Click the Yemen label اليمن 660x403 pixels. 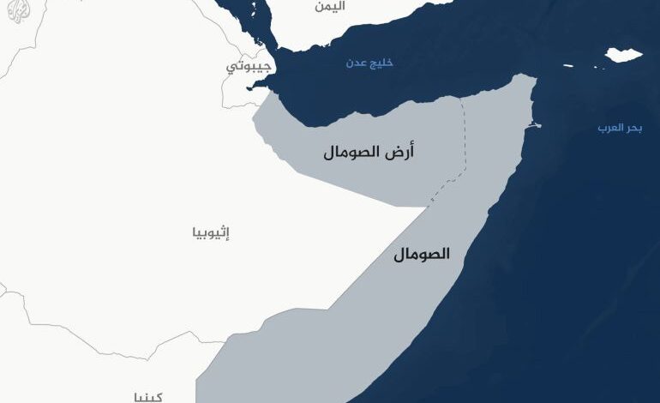coord(329,7)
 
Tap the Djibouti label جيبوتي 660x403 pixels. coord(249,66)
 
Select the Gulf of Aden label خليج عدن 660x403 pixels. coord(369,63)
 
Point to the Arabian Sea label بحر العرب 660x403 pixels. coord(620,129)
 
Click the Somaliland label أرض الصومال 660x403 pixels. coord(369,153)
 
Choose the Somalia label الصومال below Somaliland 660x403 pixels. coord(422,255)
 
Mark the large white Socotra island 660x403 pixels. coord(623,56)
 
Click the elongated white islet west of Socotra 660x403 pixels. coord(568,64)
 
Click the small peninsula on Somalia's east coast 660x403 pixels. coord(534,125)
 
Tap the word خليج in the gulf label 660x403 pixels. coord(381,63)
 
